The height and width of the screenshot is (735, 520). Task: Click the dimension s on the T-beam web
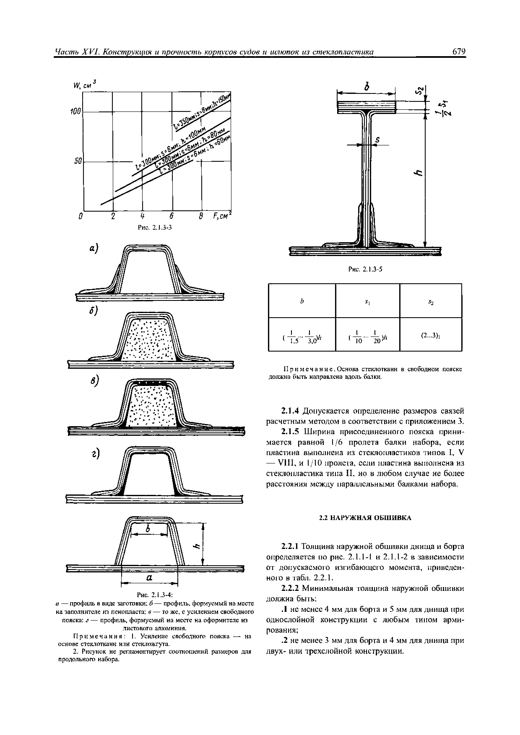377,140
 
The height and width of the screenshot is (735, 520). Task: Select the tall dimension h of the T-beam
417,173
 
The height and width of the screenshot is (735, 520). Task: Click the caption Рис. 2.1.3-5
365,269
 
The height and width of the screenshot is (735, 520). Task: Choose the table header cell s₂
431,302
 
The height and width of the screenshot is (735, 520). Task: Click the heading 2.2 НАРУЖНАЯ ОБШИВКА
365,518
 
